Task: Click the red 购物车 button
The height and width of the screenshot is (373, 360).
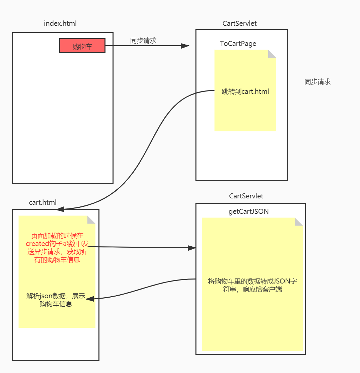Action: (82, 46)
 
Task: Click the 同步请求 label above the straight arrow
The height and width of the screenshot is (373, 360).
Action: (143, 41)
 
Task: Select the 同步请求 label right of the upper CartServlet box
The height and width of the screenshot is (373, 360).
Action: (317, 82)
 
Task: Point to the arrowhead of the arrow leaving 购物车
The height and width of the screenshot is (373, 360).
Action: (185, 46)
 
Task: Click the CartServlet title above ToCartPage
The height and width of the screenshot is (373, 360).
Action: (239, 23)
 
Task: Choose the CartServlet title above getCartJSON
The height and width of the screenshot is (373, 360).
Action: (246, 196)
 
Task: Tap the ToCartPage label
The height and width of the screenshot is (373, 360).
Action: (238, 44)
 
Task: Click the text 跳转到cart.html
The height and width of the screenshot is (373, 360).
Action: (245, 91)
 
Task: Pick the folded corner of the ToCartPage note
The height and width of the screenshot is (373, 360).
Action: (272, 54)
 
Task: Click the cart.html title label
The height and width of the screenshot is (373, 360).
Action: (43, 202)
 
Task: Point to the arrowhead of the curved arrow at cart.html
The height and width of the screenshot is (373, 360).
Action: (60, 209)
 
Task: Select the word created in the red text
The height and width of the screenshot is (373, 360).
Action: (38, 244)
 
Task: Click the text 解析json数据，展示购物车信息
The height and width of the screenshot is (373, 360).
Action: (56, 300)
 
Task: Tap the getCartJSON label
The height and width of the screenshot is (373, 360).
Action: (248, 211)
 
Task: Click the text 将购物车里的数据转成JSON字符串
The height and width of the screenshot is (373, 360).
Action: (252, 285)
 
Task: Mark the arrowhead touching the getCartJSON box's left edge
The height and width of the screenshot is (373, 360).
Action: (192, 248)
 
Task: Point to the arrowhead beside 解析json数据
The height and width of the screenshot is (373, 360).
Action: (90, 299)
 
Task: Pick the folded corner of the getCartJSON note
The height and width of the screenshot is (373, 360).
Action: (299, 222)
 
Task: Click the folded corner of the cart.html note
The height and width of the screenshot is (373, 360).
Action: (91, 220)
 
